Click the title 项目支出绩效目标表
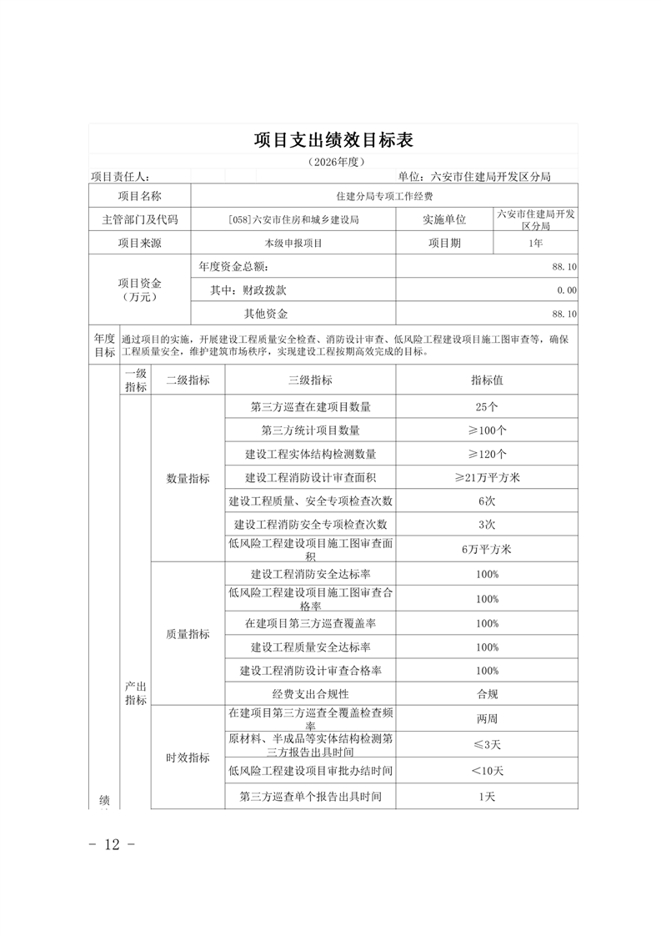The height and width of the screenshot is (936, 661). tap(333, 140)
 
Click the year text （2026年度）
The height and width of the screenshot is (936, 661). tap(333, 162)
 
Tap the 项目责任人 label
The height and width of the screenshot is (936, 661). tap(120, 177)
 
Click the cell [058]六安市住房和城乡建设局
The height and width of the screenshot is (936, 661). tap(293, 219)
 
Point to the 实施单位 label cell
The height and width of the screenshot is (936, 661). tap(444, 219)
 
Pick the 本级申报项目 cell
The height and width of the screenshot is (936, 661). tap(293, 244)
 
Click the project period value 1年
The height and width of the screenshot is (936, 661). tap(535, 244)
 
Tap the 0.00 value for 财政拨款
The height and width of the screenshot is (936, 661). tap(566, 290)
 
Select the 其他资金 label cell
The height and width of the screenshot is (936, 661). tap(265, 314)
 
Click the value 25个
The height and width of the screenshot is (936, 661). tap(487, 407)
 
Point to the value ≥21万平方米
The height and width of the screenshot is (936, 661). tap(487, 478)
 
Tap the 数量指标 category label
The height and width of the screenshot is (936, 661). tap(188, 478)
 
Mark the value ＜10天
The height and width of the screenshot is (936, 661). tap(487, 771)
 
